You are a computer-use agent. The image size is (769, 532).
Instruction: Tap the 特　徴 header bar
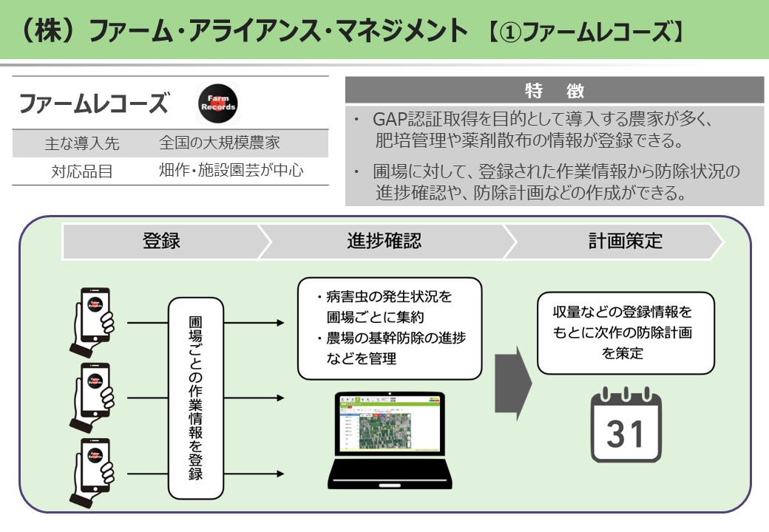tap(554, 91)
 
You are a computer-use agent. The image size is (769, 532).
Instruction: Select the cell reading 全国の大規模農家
tap(219, 143)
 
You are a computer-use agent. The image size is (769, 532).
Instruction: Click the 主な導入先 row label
tap(81, 143)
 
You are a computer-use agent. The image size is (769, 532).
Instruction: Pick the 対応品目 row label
tap(81, 171)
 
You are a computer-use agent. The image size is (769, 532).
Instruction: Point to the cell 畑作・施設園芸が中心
tap(232, 171)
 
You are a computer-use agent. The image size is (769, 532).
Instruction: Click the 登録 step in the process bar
tap(161, 241)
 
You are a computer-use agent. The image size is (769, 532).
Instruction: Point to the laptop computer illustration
tap(389, 436)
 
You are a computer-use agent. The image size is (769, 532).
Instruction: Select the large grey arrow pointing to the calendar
tap(513, 381)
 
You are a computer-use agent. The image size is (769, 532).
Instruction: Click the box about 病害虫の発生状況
tap(389, 328)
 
